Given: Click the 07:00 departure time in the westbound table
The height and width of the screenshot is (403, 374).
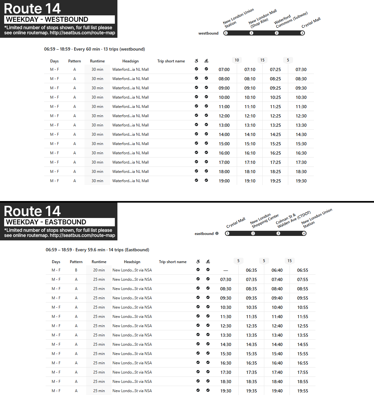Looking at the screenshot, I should pos(224,69).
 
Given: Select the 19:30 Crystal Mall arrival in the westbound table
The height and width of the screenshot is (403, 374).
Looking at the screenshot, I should pos(301,181).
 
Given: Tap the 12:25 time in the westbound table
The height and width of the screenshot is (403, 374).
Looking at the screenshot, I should pos(275,116).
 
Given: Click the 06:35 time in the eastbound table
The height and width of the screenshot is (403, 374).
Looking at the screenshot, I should pos(251,270).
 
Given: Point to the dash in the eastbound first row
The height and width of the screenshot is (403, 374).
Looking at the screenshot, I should pos(226,270).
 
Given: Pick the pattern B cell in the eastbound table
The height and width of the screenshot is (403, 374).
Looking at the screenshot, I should pos(76,270).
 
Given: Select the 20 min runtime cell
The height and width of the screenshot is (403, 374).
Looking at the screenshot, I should pos(99,270).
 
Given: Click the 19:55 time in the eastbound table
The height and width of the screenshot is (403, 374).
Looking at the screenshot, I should pos(303,391).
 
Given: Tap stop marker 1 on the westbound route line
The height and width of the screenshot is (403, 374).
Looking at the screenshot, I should pos(226,33).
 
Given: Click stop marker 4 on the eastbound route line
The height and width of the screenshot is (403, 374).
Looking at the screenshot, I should pos(304,233).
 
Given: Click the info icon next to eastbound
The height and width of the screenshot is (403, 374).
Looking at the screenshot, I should pos(217,233).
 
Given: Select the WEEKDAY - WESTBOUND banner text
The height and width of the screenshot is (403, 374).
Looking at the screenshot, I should pos(47,20).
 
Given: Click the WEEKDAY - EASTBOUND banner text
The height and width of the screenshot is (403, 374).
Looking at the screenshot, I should pos(46,222).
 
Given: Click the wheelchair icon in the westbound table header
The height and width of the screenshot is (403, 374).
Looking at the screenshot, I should pos(196,61).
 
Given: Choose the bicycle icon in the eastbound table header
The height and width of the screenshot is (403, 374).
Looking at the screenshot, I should pos(208,262).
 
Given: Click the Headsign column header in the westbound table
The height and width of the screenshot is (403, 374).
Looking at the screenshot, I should pos(131,61).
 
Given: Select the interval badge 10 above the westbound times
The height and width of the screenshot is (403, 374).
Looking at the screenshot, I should pos(237,60).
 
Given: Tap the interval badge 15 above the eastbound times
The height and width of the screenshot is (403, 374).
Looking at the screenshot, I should pos(290,261).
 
